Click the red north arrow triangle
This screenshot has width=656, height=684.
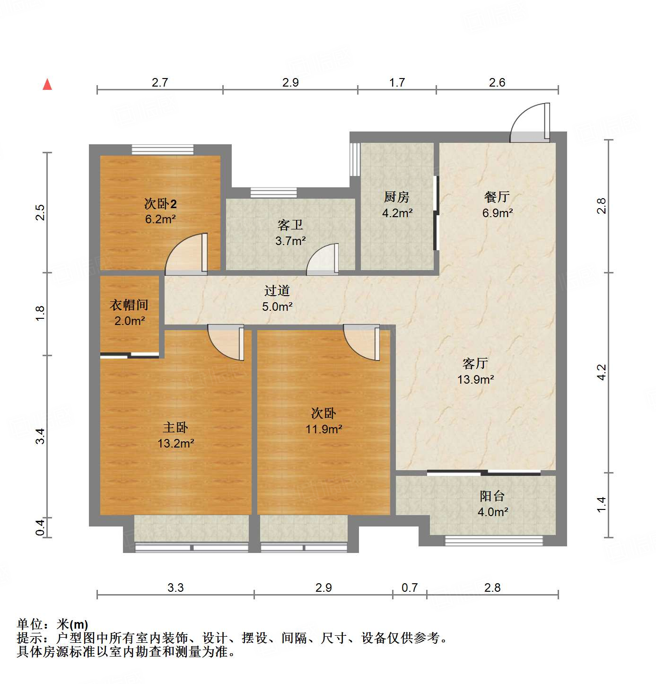coord(47,85)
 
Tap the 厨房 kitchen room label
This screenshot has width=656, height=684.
coord(396,197)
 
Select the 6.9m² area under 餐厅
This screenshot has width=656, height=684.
coord(498,213)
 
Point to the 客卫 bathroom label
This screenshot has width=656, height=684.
coord(290,225)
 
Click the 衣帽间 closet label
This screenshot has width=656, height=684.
coord(129,305)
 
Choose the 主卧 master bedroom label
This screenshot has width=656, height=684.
coord(175,428)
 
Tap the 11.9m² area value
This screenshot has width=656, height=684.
coord(324,430)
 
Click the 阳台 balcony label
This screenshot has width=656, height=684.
coord(492,496)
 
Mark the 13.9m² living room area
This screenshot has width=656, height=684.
coord(475,379)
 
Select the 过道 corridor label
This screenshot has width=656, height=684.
coord(277,290)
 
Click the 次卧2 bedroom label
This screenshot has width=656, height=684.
coord(160,204)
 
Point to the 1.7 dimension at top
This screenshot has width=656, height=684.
coord(397,82)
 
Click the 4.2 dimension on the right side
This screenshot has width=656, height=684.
coord(601,372)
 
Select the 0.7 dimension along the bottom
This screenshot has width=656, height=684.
coord(410,588)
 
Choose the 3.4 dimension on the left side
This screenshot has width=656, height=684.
coord(41,436)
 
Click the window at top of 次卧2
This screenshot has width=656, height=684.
coord(162,149)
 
